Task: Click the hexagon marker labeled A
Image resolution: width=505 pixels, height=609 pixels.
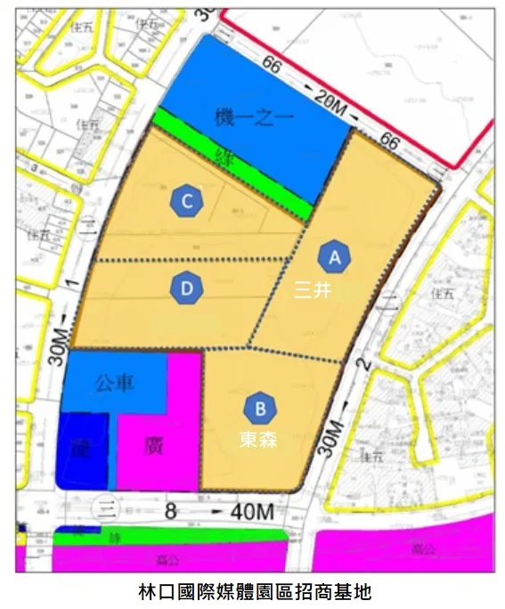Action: click(x=335, y=257)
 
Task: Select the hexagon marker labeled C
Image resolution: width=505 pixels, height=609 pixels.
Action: click(x=187, y=201)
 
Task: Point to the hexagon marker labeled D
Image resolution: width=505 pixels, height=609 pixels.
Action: click(x=187, y=288)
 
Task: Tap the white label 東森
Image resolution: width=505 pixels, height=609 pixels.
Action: click(x=257, y=439)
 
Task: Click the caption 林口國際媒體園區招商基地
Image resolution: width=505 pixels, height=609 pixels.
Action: click(x=253, y=591)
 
